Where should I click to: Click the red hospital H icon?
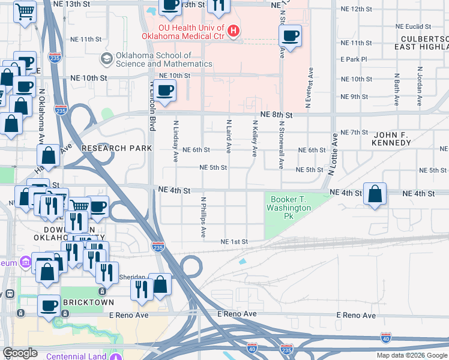234,29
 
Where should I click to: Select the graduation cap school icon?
107,58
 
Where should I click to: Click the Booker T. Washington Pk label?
291,208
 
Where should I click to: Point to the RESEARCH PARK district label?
112,148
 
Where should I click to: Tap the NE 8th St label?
276,115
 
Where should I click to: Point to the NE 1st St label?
234,242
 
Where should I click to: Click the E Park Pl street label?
353,59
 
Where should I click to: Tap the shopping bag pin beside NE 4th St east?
375,194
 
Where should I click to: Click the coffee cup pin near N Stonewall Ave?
290,36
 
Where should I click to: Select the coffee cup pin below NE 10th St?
164,91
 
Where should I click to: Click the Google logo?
20,353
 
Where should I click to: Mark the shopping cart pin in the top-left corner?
25,11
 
